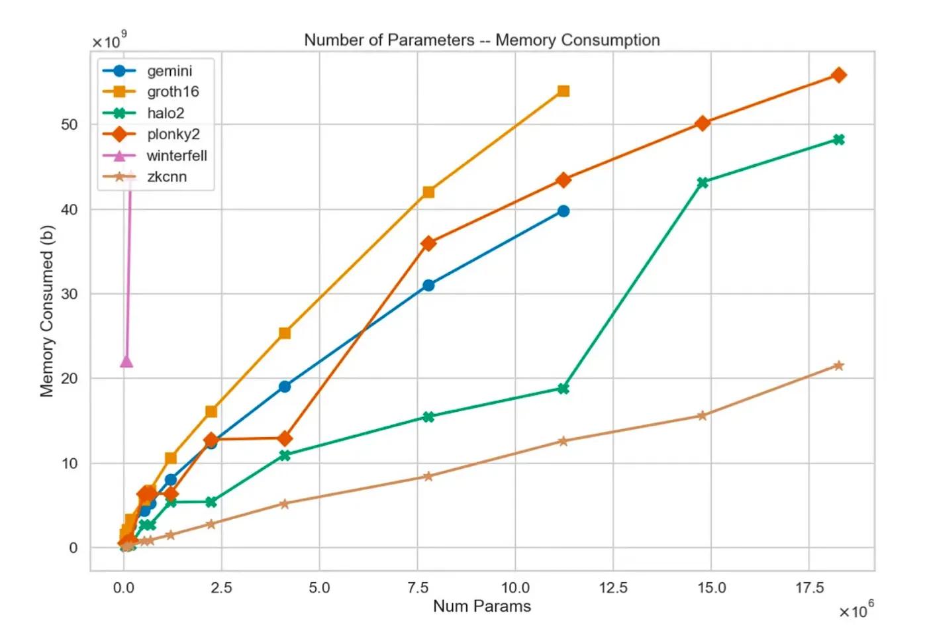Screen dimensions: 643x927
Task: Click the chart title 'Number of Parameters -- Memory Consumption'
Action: (x=481, y=40)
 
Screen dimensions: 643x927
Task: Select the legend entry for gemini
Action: (x=169, y=71)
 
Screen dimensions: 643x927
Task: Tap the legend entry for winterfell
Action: (x=176, y=156)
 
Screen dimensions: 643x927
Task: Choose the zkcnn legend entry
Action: (x=166, y=177)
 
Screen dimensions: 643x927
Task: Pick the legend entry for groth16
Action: (x=172, y=92)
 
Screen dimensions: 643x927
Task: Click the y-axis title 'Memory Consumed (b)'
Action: (x=46, y=311)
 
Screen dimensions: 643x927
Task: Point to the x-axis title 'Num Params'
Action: (x=481, y=606)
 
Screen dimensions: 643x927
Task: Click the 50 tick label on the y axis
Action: (x=70, y=124)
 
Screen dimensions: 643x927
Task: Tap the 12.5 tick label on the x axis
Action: (x=613, y=588)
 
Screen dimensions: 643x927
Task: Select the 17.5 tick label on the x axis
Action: (x=809, y=588)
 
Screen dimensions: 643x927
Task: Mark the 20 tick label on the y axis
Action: (x=70, y=379)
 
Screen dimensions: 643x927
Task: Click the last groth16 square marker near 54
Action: (x=563, y=91)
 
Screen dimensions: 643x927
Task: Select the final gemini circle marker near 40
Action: (x=563, y=211)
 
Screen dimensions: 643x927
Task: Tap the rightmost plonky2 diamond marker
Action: (x=838, y=75)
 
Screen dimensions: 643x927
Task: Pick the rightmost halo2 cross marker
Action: (x=838, y=140)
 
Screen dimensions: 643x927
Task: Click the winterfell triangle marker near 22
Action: (x=126, y=362)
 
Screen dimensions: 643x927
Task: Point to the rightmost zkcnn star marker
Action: (x=838, y=366)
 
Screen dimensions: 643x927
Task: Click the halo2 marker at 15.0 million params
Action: (x=703, y=183)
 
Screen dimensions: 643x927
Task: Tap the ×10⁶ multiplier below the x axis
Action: (x=856, y=610)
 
